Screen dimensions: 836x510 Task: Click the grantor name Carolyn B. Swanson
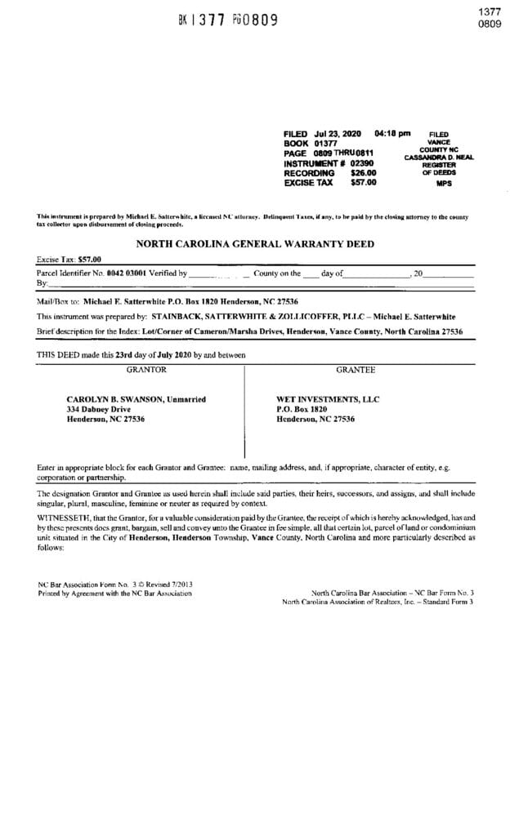[136, 398]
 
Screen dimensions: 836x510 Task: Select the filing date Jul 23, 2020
[336, 133]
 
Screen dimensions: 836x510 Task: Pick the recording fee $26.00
[363, 173]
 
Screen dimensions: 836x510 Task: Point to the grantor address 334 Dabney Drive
[98, 408]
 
